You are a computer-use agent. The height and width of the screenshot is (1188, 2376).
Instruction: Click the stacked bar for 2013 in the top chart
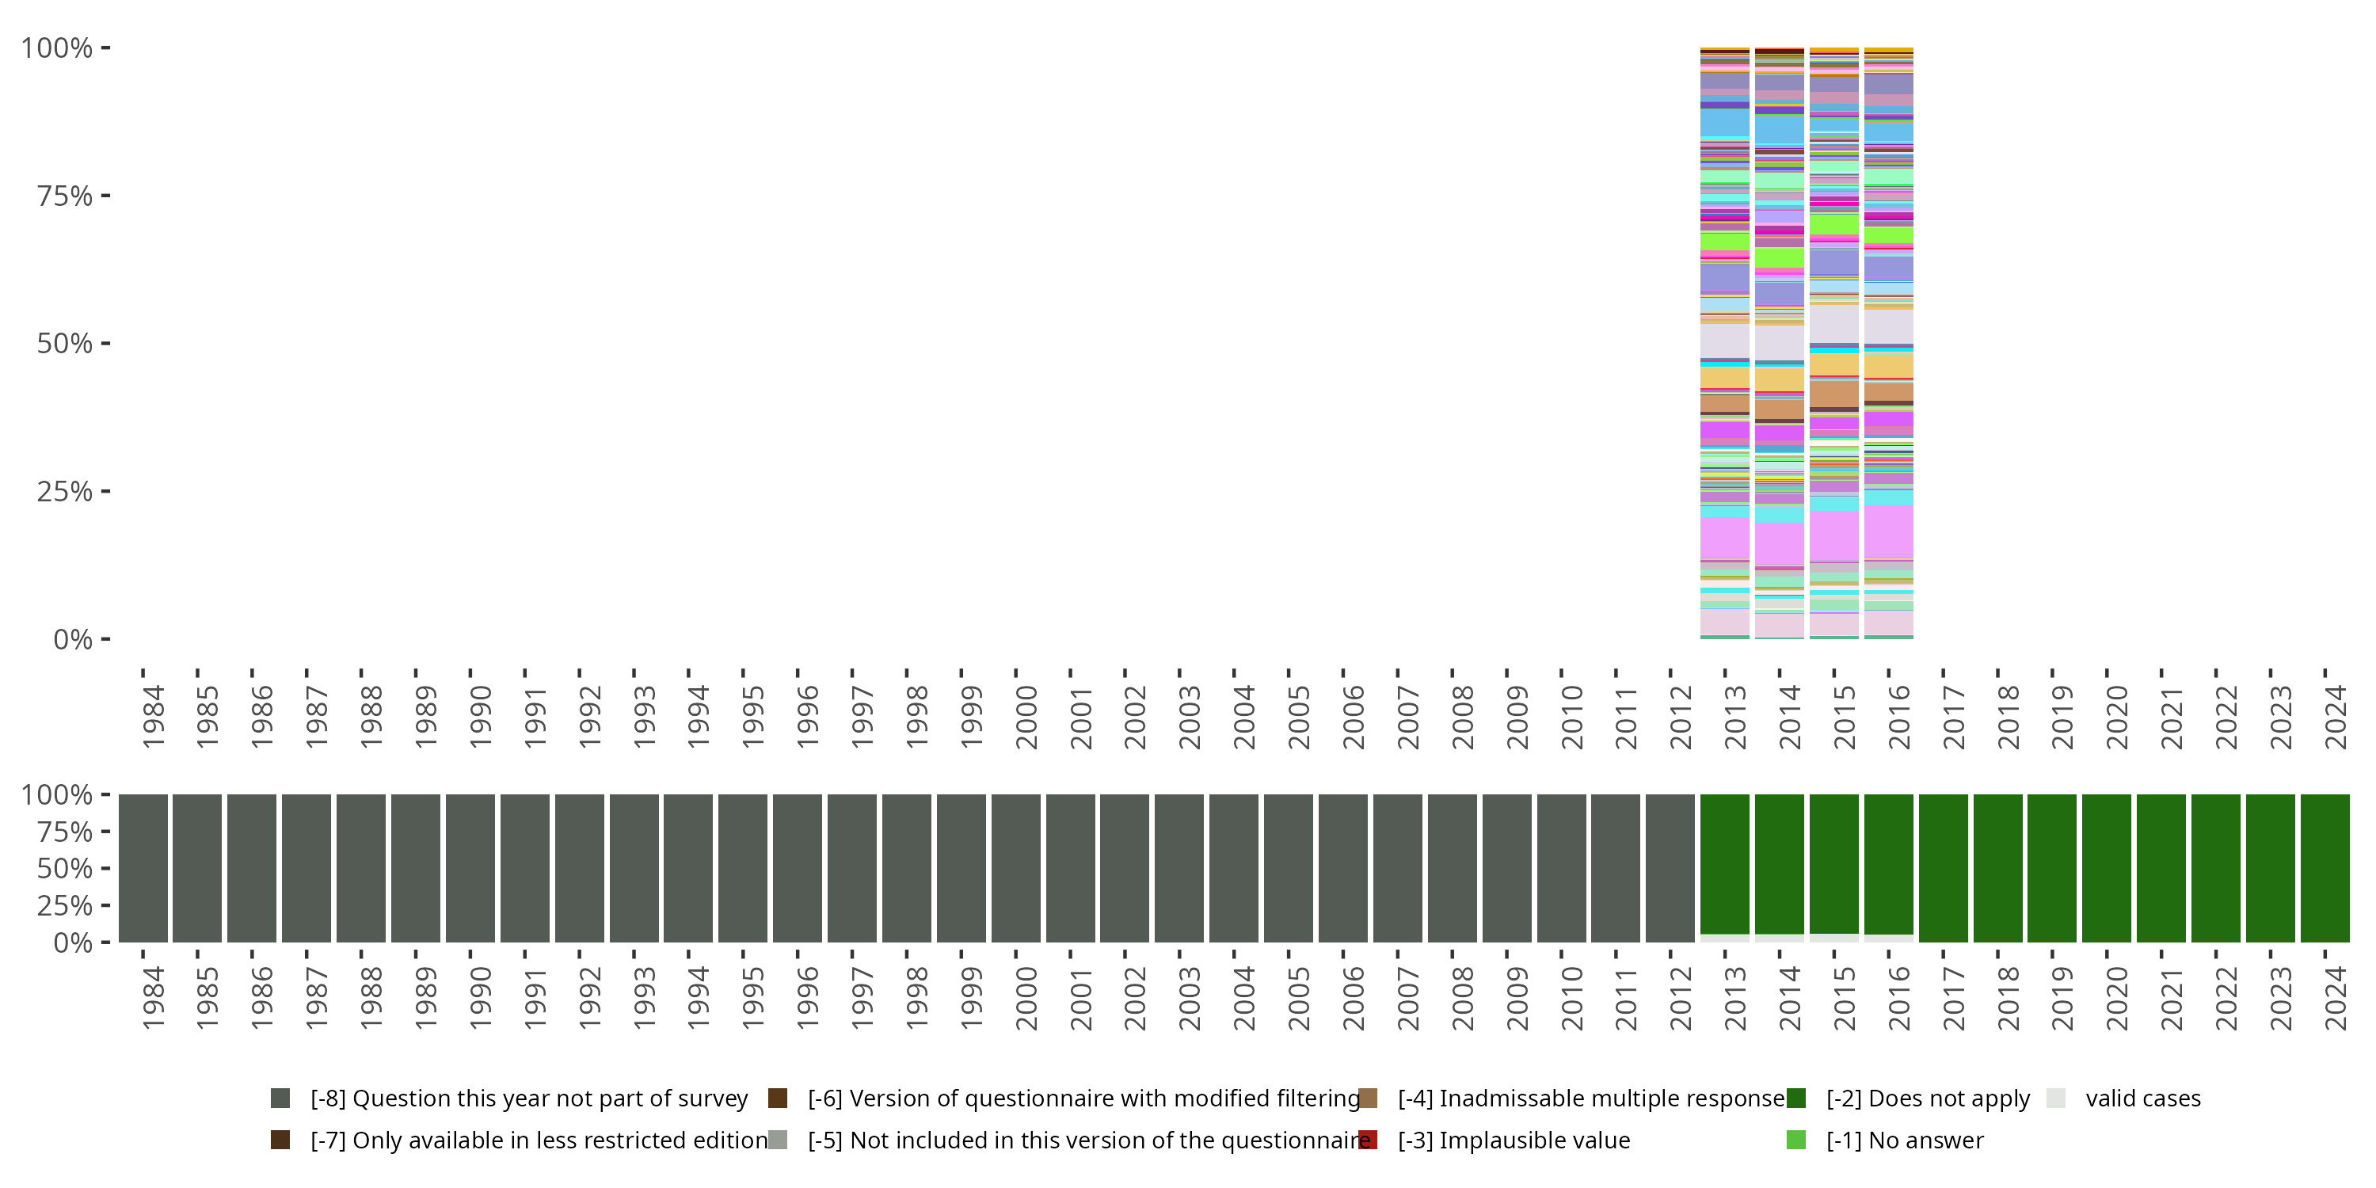click(1724, 343)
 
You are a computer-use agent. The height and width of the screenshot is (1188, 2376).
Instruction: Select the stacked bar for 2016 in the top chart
click(1888, 343)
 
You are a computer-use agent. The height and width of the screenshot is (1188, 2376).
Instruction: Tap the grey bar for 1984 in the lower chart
click(143, 868)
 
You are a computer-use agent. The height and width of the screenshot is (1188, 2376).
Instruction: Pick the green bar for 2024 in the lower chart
click(2325, 868)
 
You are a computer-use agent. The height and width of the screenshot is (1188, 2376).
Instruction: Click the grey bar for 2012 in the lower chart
click(1670, 868)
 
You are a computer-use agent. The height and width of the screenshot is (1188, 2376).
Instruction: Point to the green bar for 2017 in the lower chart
click(1943, 868)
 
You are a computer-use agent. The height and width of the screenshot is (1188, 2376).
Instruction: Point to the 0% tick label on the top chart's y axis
click(73, 639)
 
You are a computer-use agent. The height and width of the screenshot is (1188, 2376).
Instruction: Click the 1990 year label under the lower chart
click(480, 998)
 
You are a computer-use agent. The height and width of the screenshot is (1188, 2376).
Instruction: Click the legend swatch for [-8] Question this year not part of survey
click(280, 1098)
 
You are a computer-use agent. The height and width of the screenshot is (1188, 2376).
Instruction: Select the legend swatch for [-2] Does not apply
click(1795, 1098)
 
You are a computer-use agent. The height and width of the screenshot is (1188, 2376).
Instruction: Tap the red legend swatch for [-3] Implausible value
click(1368, 1140)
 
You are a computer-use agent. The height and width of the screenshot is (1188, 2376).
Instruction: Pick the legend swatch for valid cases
click(2055, 1098)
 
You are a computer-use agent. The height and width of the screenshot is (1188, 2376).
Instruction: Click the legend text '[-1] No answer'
click(1905, 1140)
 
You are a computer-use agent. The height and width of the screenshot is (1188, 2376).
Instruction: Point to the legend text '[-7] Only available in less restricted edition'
click(539, 1140)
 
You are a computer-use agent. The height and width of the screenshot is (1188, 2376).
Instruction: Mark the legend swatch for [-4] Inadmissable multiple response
click(1368, 1098)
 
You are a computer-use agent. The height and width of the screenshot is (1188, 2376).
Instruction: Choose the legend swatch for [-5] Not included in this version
click(778, 1140)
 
